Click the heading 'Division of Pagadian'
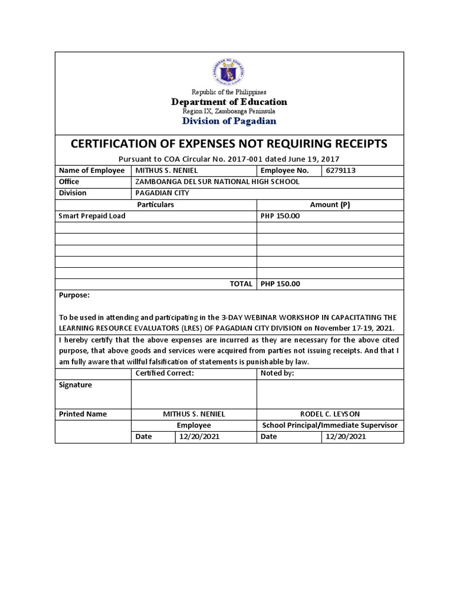(229, 121)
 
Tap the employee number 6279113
(341, 170)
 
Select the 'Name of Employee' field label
(91, 170)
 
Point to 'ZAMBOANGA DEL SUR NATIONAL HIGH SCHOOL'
(218, 182)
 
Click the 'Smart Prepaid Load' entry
(92, 216)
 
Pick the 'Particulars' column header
(155, 204)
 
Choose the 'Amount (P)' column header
(330, 204)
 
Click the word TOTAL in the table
(241, 284)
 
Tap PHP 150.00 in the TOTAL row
(280, 284)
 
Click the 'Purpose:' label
(74, 295)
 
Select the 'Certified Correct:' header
(165, 373)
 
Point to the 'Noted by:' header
(277, 373)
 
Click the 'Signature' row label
(75, 385)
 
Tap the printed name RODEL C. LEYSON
(330, 414)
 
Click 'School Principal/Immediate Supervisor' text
(330, 425)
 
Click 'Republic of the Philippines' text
(229, 92)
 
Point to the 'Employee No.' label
(285, 170)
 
